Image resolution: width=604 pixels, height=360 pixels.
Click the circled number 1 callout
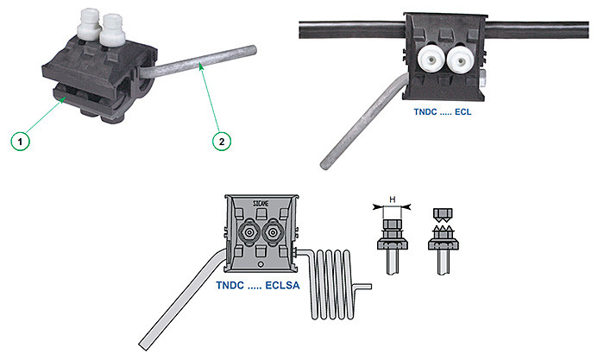point(20,141)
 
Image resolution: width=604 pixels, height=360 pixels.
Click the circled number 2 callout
point(222,141)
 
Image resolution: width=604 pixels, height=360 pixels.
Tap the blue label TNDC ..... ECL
point(442,112)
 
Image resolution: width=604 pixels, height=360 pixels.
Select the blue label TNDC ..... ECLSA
point(258,286)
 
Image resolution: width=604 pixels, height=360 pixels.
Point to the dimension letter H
point(392,199)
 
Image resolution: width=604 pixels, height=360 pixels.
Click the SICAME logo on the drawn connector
point(261,203)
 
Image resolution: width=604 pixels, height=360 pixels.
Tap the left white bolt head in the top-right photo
point(431,60)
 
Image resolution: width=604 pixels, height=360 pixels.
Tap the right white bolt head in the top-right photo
point(460,60)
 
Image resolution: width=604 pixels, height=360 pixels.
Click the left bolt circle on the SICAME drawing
point(249,232)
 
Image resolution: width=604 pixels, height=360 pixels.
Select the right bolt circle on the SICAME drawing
point(273,232)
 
